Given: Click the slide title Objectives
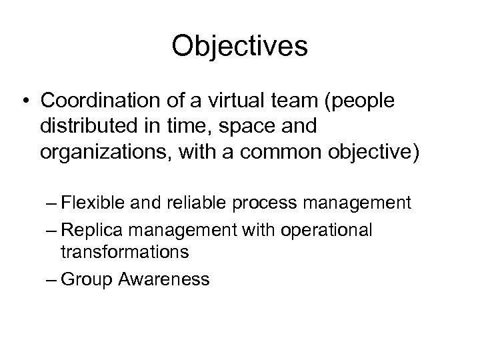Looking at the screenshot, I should [x=239, y=47].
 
